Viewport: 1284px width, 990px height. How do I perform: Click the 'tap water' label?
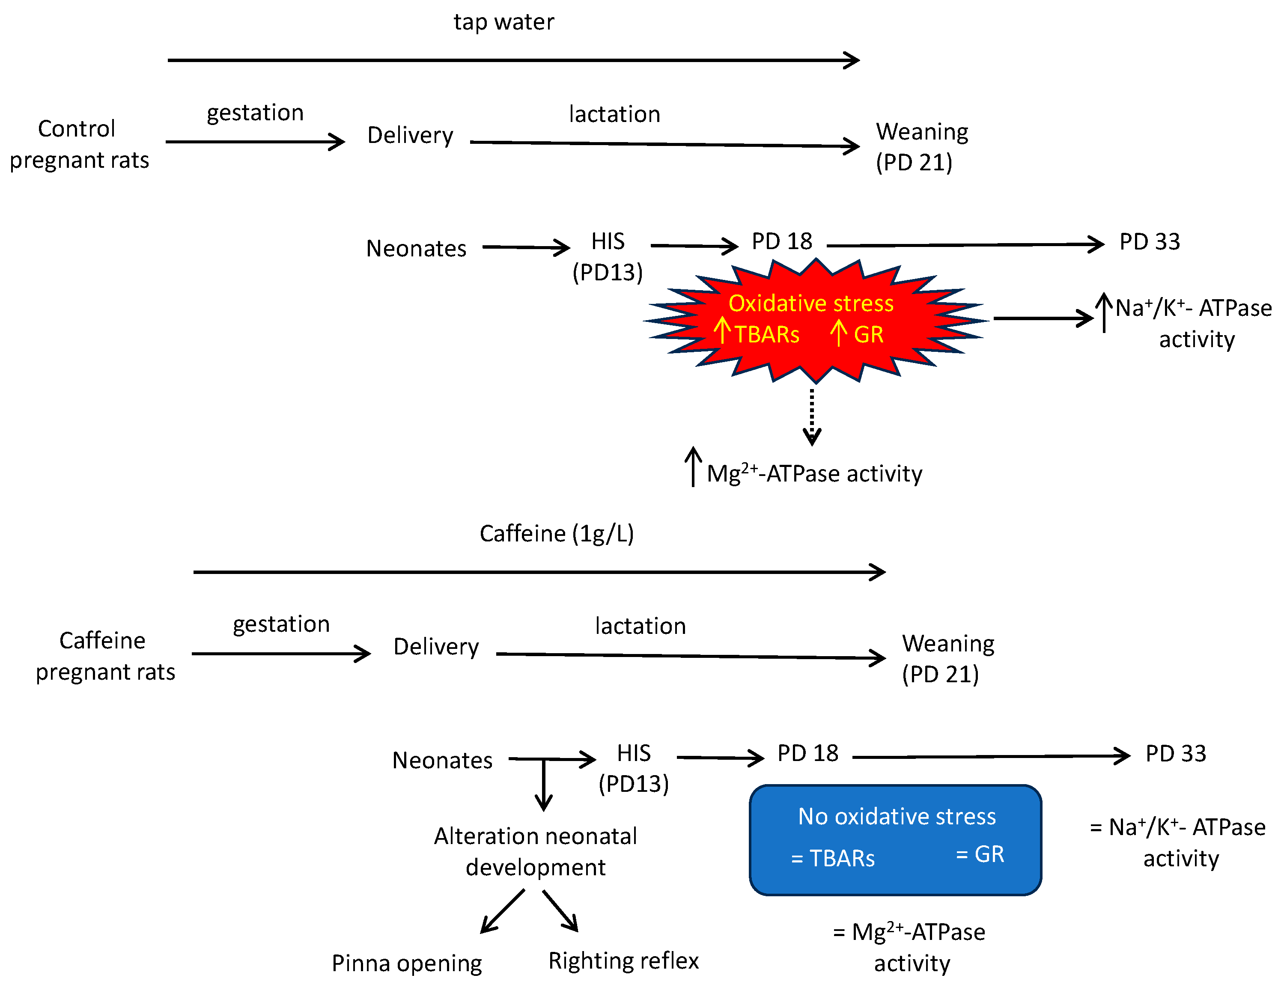click(503, 22)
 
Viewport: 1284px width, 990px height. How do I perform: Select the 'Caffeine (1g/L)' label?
click(556, 534)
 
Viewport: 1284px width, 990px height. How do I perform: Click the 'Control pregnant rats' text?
click(79, 144)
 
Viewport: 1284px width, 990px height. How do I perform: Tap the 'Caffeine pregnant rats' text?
click(104, 656)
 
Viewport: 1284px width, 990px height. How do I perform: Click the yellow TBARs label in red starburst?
click(766, 335)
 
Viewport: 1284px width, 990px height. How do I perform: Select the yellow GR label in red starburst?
click(868, 335)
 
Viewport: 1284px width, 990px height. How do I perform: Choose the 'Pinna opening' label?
click(406, 963)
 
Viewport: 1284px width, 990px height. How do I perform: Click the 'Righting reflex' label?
click(623, 960)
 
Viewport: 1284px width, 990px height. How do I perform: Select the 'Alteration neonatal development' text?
click(535, 851)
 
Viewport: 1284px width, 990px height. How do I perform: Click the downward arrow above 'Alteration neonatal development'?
click(543, 785)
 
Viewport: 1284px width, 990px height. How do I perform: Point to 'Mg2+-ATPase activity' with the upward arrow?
click(813, 473)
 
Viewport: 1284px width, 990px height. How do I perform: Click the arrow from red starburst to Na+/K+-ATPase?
click(1042, 318)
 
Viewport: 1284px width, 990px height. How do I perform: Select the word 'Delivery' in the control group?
click(410, 135)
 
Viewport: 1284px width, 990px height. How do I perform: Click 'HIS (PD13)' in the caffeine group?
click(633, 768)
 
